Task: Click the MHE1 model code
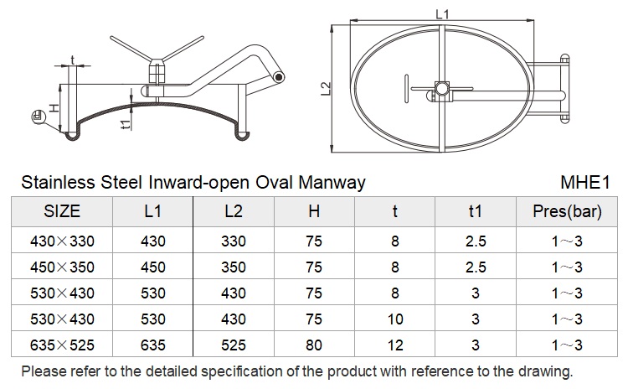(585, 183)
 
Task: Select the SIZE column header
(62, 211)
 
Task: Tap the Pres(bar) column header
(567, 212)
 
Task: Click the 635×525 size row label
(62, 345)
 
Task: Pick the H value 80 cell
(314, 345)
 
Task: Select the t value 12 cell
(395, 345)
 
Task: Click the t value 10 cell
(395, 319)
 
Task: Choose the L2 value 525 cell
(234, 345)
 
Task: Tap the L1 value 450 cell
(153, 267)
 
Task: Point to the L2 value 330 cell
(234, 241)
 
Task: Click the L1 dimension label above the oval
(442, 14)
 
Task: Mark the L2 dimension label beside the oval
(327, 89)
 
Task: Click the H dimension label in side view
(54, 107)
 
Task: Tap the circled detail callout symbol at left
(39, 117)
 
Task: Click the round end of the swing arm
(279, 77)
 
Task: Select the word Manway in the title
(332, 183)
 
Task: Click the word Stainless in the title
(59, 183)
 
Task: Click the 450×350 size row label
(62, 267)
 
